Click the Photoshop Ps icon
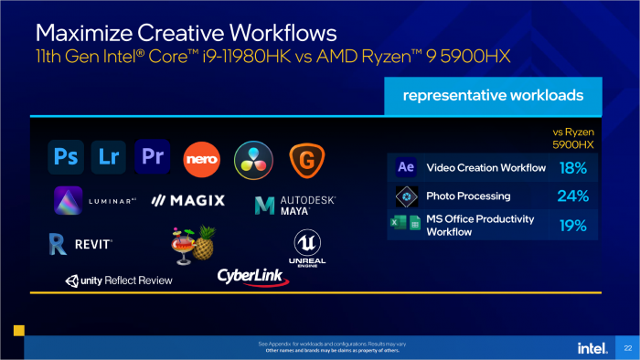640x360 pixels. [66, 156]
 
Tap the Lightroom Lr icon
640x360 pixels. [108, 156]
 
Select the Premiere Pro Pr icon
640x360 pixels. [151, 156]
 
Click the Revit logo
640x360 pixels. [81, 243]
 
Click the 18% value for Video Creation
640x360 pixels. [571, 168]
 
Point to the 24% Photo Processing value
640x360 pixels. [571, 196]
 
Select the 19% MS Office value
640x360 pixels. [571, 225]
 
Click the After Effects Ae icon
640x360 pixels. [406, 167]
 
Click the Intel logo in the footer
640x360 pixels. [590, 347]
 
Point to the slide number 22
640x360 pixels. [627, 347]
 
